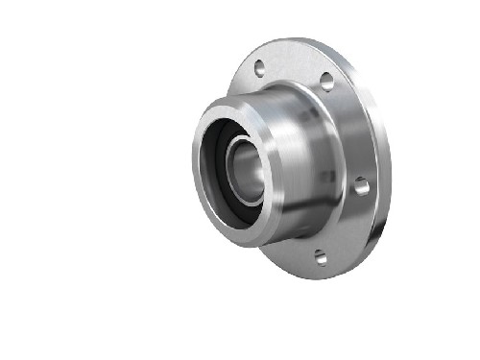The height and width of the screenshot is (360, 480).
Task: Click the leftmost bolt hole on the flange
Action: tap(259, 69)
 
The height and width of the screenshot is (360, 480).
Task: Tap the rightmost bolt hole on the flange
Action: tap(361, 184)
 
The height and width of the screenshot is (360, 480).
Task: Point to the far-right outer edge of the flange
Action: tap(390, 173)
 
